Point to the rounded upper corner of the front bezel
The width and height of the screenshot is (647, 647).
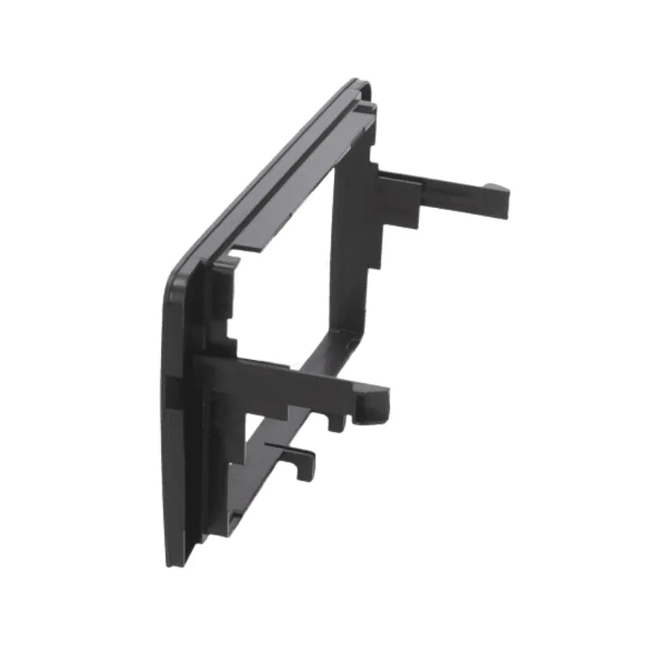point(174,279)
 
